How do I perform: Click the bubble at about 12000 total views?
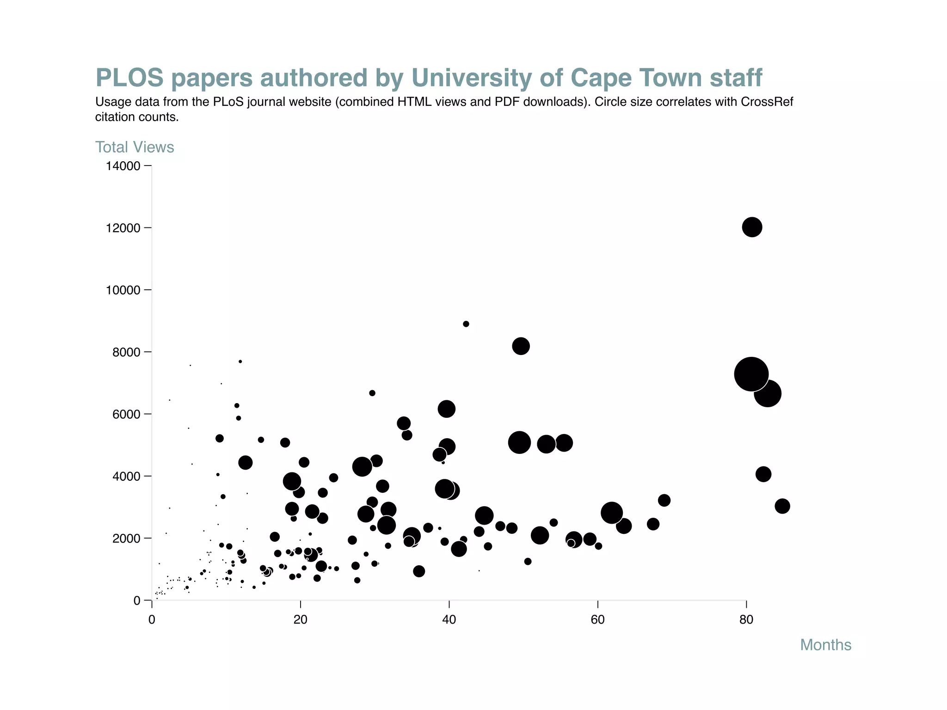click(752, 227)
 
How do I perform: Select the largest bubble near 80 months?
click(751, 374)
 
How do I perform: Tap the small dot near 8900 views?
click(466, 324)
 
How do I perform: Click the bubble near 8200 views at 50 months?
click(521, 346)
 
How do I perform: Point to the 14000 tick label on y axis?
click(123, 166)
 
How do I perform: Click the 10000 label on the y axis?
click(123, 290)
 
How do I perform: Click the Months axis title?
click(825, 645)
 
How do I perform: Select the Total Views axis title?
click(135, 147)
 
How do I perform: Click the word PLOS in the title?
click(129, 78)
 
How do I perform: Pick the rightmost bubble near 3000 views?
click(782, 506)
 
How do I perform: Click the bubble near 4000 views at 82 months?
click(763, 474)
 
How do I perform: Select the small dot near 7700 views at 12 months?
click(240, 361)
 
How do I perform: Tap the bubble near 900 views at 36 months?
click(419, 571)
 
